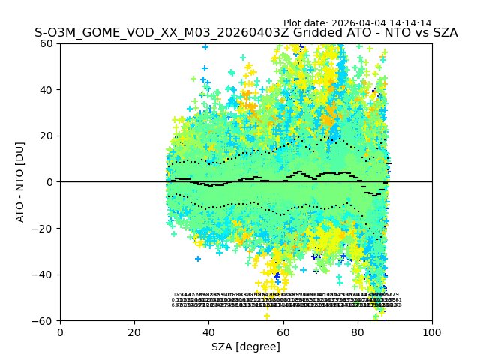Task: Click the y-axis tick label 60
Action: click(x=47, y=43)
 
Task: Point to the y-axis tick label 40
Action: click(x=47, y=90)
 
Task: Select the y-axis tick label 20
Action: click(x=47, y=136)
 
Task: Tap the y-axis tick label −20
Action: click(x=44, y=228)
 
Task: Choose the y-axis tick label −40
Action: click(x=44, y=274)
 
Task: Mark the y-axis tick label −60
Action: click(x=44, y=320)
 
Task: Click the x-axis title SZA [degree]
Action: click(x=246, y=346)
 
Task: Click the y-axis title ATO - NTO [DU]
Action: click(x=21, y=182)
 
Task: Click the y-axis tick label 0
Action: click(x=50, y=182)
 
